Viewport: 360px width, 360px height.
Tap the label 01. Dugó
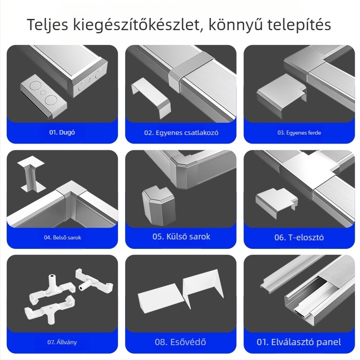click(62, 133)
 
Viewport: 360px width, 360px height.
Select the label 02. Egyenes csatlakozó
click(181, 133)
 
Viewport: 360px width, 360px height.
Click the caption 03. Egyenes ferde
click(299, 133)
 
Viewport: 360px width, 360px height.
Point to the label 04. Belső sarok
click(63, 237)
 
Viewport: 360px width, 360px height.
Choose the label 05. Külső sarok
click(181, 237)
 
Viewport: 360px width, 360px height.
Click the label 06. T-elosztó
click(299, 237)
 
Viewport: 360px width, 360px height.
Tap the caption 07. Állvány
click(62, 342)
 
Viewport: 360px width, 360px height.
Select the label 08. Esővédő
click(181, 342)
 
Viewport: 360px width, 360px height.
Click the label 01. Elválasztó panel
click(299, 342)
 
